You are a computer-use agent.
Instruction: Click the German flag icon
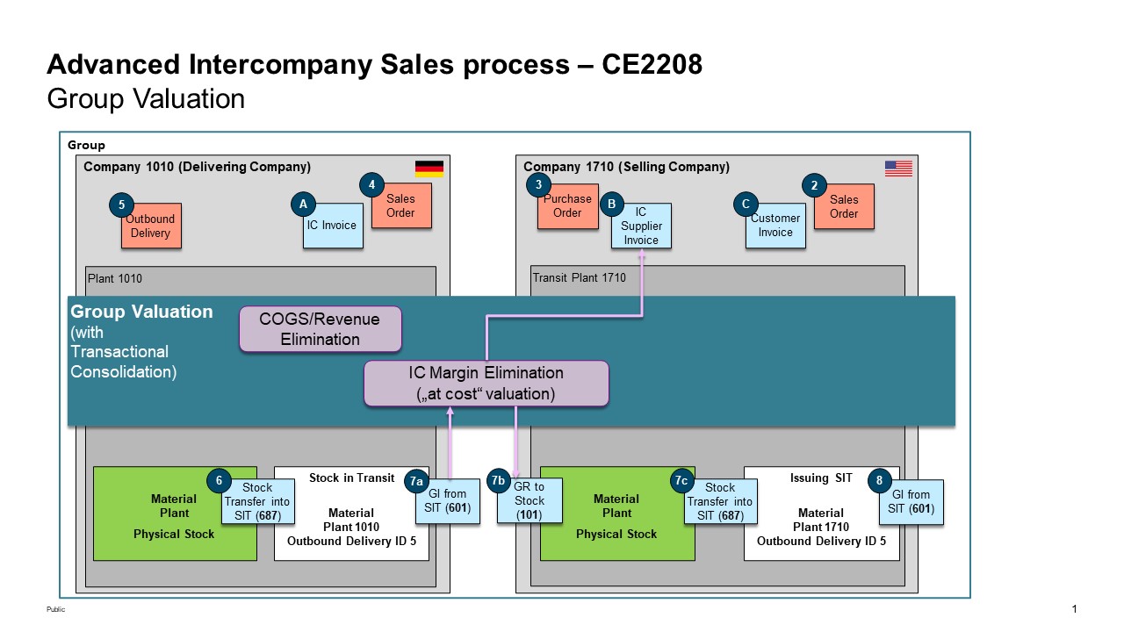[429, 169]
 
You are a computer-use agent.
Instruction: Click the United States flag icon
[898, 169]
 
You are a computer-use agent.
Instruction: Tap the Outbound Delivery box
[151, 226]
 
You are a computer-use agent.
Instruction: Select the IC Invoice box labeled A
[332, 226]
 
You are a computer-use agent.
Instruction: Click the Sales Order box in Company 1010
[401, 206]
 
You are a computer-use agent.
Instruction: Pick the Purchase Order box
[567, 206]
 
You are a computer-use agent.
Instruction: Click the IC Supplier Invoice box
[641, 226]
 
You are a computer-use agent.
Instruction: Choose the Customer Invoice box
[775, 226]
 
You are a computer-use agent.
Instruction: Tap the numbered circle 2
[814, 185]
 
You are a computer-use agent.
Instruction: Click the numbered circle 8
[879, 480]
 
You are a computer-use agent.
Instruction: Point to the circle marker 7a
[417, 480]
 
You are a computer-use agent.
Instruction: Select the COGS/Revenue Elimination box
[321, 329]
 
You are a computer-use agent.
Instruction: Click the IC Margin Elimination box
[486, 384]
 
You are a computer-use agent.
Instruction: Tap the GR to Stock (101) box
[530, 501]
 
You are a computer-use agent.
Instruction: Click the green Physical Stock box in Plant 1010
[175, 513]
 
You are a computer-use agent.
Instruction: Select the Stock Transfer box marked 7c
[719, 502]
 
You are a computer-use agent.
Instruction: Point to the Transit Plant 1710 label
[579, 278]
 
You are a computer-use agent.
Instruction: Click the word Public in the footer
[55, 610]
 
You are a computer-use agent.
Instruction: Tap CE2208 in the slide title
[652, 65]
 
